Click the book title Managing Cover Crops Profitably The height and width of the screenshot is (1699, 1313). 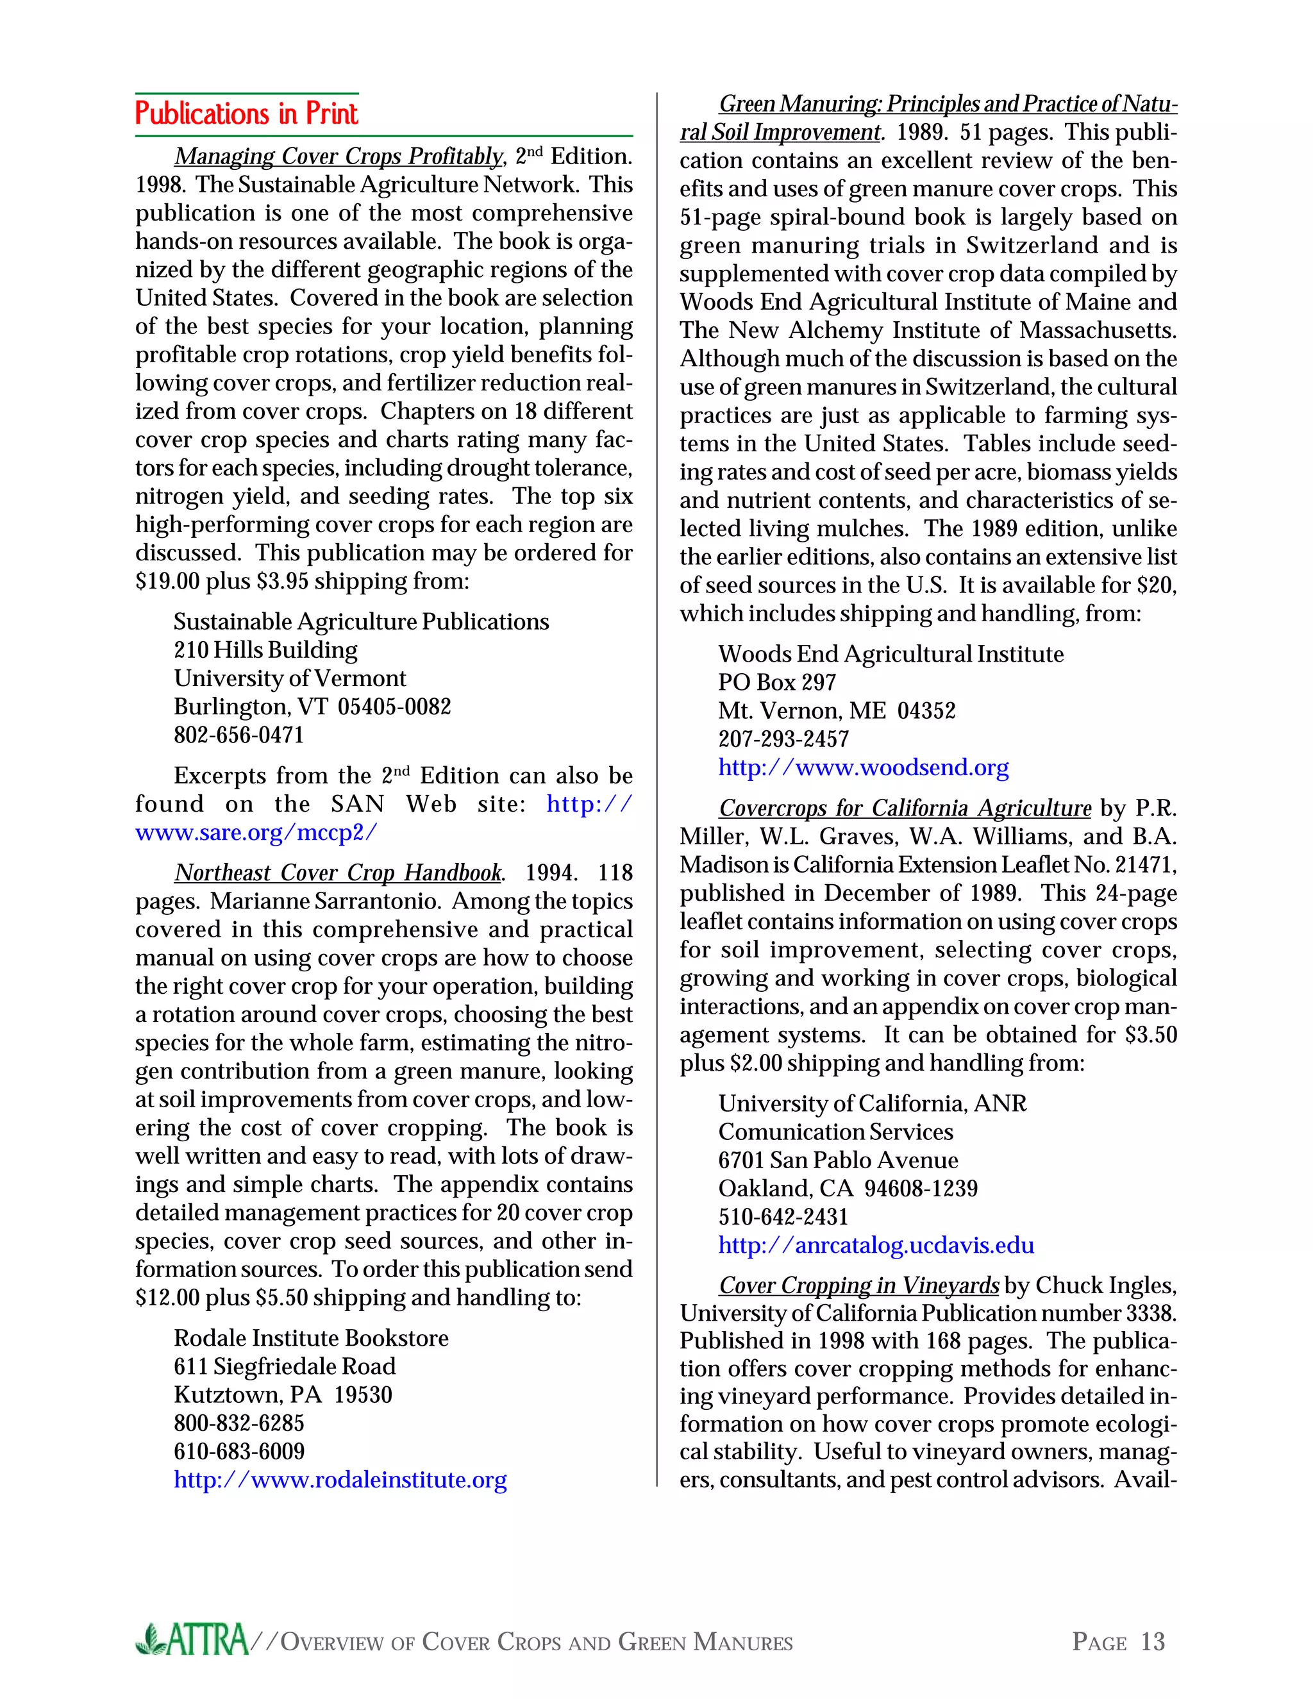coord(339,156)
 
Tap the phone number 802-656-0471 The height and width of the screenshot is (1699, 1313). coord(238,735)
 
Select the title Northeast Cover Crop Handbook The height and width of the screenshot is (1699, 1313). coord(339,873)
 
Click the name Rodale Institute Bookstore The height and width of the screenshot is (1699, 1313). coord(311,1338)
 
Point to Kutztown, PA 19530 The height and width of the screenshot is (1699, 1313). coord(283,1395)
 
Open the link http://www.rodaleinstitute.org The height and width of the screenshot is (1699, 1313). coord(340,1480)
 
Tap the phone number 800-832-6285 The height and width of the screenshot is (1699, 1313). coord(238,1423)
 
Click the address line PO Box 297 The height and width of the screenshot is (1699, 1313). coord(776,682)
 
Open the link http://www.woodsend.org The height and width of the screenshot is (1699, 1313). coord(864,768)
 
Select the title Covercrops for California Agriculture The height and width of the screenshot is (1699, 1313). coord(905,808)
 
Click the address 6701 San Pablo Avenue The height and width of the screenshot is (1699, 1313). coord(838,1160)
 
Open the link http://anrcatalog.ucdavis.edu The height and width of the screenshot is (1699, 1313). coord(876,1246)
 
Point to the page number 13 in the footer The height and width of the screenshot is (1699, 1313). coord(1152,1641)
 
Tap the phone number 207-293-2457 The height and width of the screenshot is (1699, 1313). coord(783,739)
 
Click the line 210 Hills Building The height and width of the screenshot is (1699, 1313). coord(265,649)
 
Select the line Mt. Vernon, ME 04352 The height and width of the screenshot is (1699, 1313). coord(836,711)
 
